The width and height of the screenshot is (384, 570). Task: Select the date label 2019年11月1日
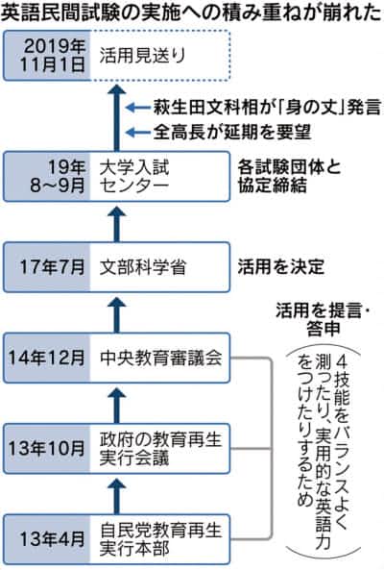[52, 55]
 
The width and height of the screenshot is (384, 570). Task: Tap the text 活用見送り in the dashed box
[143, 56]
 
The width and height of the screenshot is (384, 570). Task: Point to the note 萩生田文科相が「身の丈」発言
[267, 108]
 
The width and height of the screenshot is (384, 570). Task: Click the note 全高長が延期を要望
[232, 132]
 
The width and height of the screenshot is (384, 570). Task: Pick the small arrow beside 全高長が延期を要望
[138, 132]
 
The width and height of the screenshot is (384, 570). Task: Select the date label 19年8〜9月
[58, 176]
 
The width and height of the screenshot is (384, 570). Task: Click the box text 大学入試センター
[134, 176]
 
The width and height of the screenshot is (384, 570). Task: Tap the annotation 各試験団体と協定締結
[289, 176]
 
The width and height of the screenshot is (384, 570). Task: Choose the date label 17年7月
[52, 267]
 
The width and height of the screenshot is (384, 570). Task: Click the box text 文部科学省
[143, 267]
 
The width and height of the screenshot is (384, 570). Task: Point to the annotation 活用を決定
[280, 267]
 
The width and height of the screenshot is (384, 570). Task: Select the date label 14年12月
[47, 358]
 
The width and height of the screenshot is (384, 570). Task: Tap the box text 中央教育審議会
[160, 358]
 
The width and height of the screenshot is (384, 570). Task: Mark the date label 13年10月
[47, 448]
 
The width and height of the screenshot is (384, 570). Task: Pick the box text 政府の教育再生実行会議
[160, 448]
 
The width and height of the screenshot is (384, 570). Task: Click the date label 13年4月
[52, 539]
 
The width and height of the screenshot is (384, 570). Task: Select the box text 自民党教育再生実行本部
[160, 539]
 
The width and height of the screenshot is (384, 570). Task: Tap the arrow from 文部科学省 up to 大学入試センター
[116, 224]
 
